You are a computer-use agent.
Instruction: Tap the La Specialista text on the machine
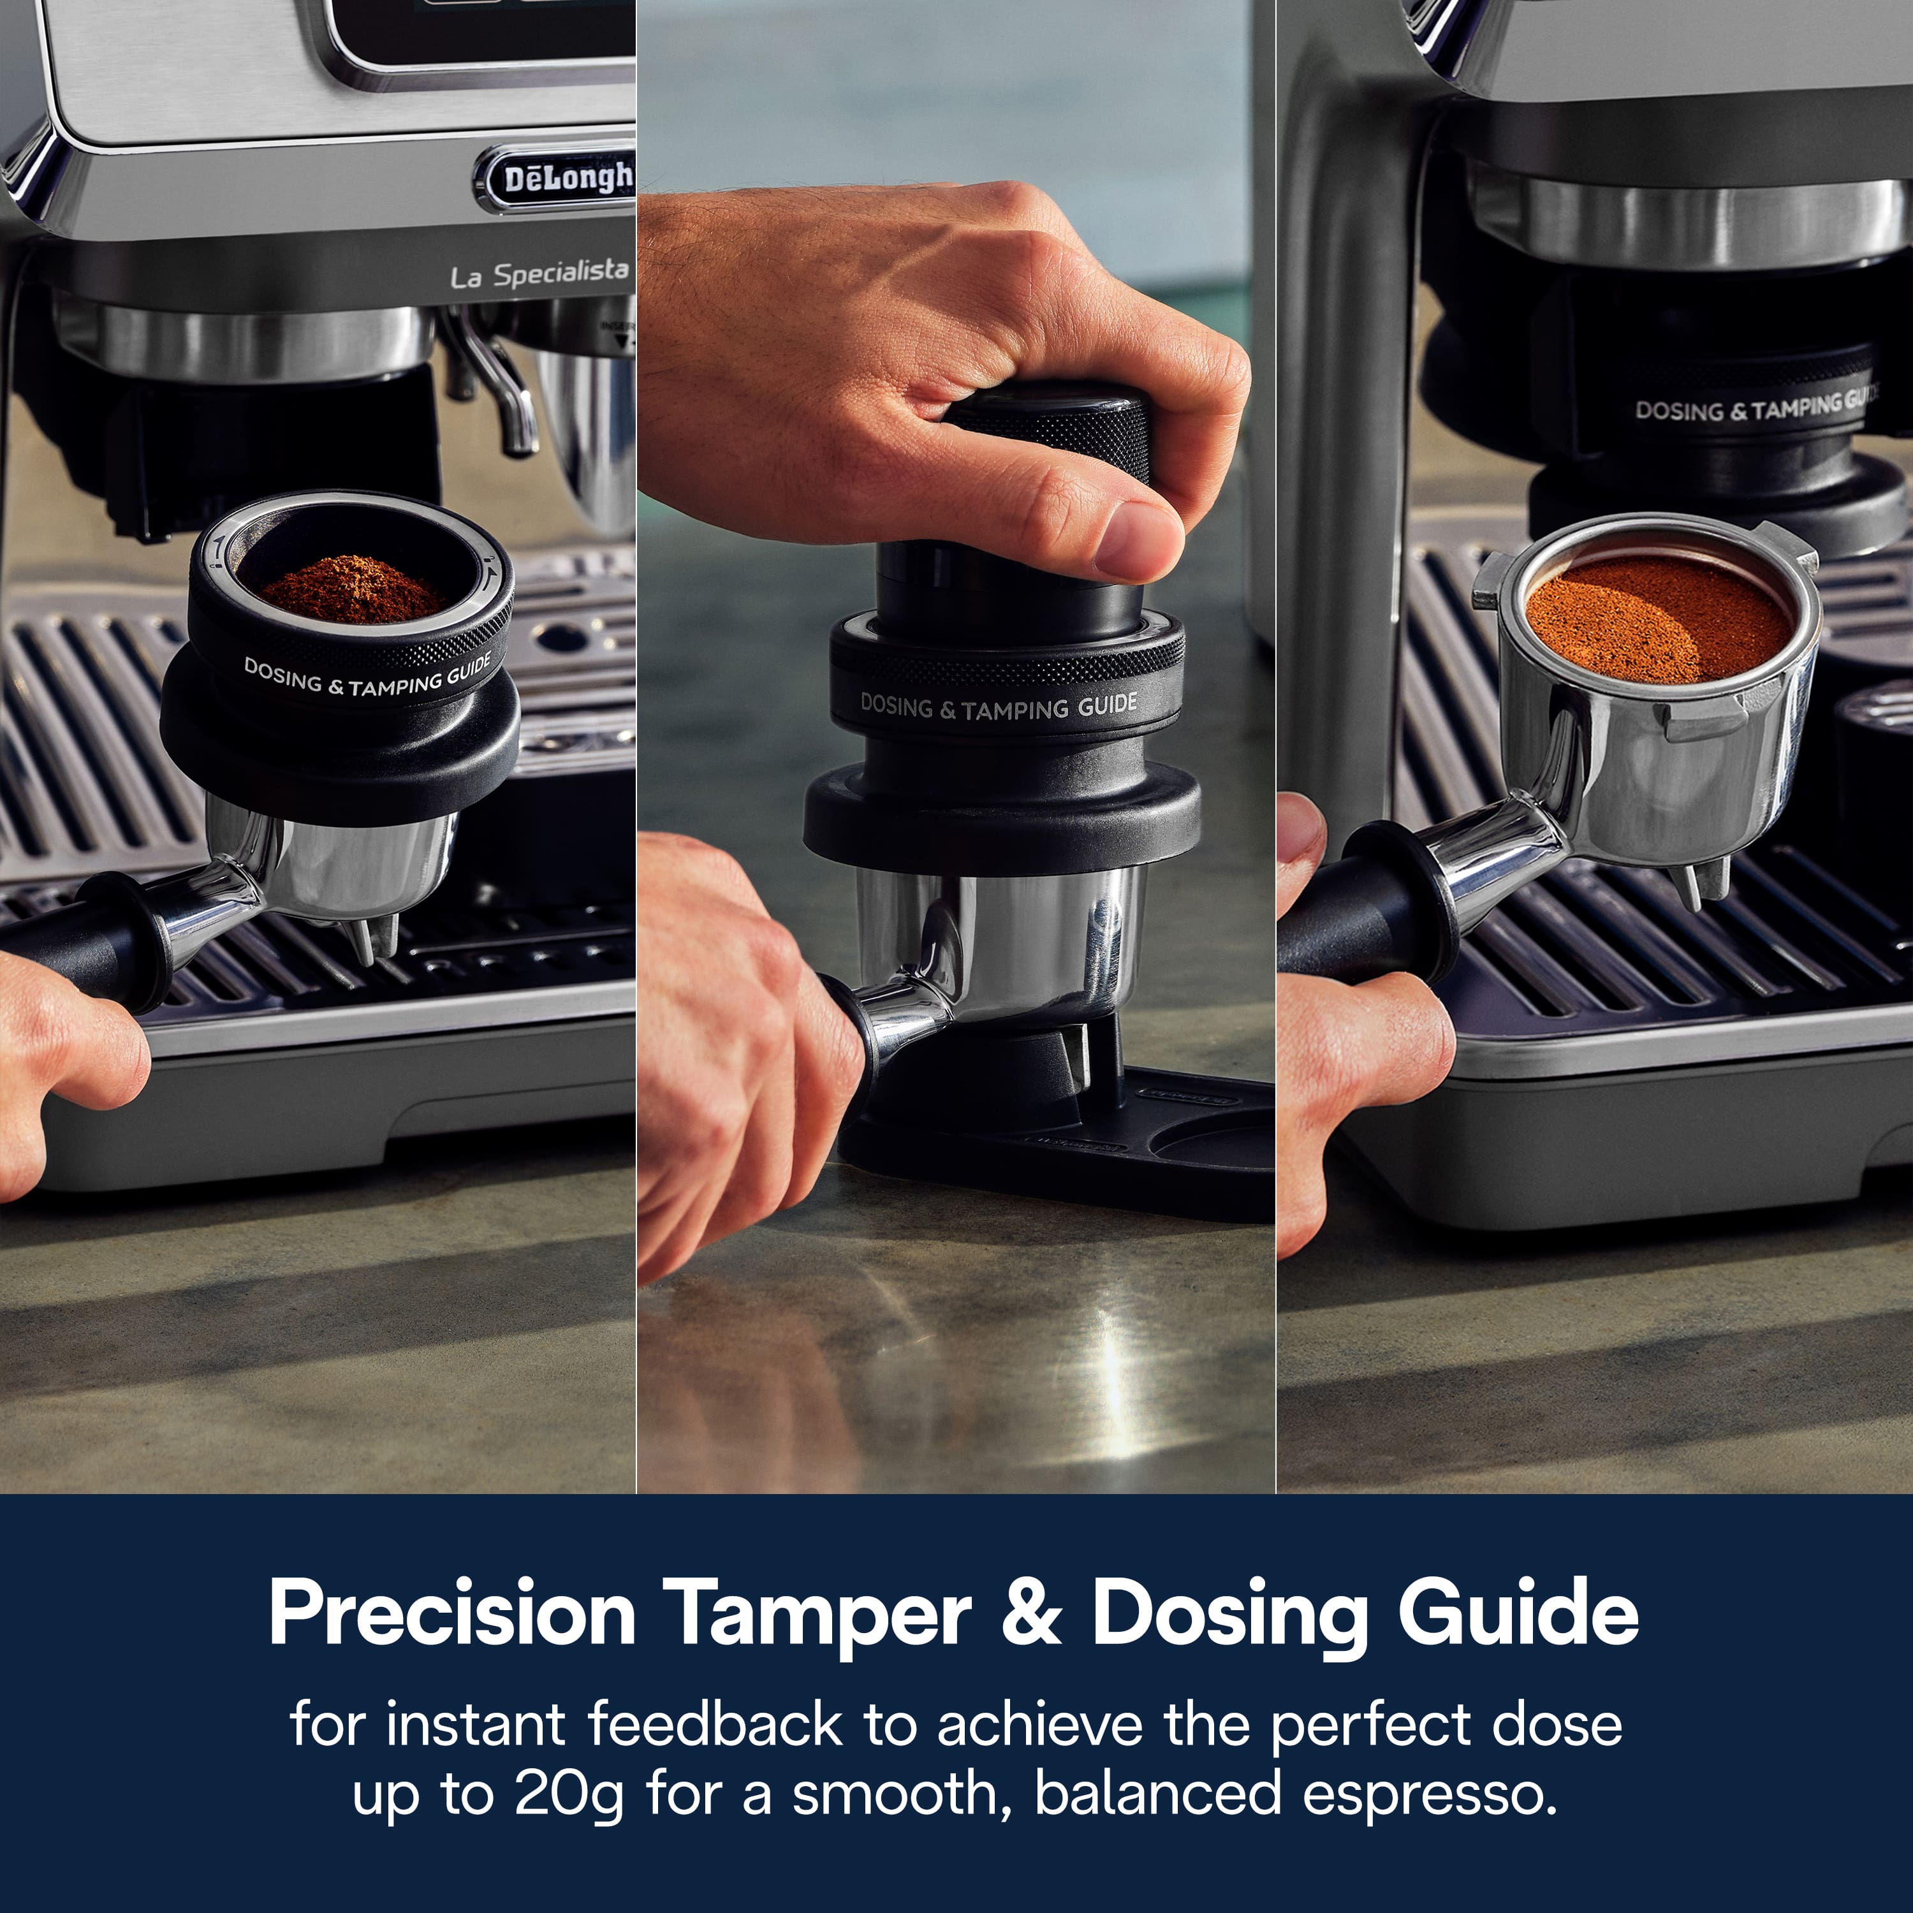539,274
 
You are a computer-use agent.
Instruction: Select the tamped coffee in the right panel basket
1659,618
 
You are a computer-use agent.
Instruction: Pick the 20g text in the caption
568,1794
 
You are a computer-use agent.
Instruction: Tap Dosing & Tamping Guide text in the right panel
1752,406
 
